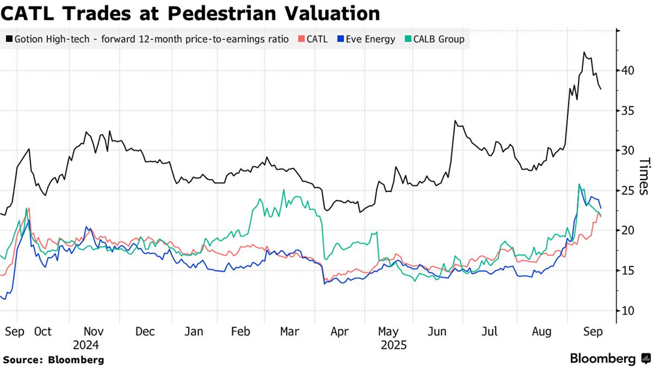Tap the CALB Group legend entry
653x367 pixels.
[434, 39]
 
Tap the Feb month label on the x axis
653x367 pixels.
[240, 332]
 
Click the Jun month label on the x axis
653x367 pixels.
[436, 332]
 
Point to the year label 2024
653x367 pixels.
[86, 345]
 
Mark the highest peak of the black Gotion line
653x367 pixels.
[584, 53]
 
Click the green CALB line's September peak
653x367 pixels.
[579, 185]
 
